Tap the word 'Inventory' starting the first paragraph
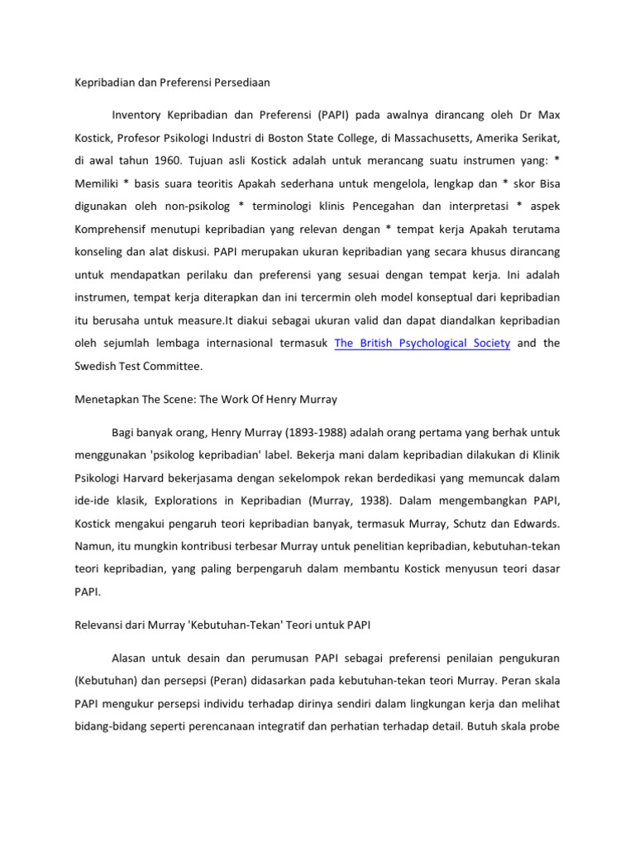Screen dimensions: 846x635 tap(137, 112)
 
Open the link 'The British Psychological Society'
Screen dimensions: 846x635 tap(422, 343)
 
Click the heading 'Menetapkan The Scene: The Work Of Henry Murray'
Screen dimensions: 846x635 tap(202, 399)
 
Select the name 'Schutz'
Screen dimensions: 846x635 tap(471, 523)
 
